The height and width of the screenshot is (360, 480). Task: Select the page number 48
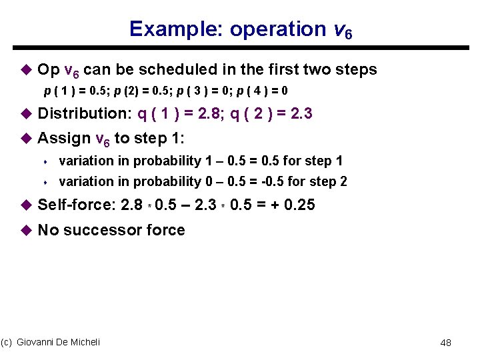pyautogui.click(x=446, y=343)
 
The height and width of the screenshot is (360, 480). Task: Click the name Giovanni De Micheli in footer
pyautogui.click(x=59, y=342)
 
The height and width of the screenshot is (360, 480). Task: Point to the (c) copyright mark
pyautogui.click(x=7, y=342)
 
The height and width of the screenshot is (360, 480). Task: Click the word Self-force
pyautogui.click(x=75, y=205)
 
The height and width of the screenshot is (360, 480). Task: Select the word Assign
pyautogui.click(x=65, y=139)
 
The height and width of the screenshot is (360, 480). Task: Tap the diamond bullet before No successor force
pyautogui.click(x=27, y=230)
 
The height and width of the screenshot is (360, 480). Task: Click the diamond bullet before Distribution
pyautogui.click(x=27, y=114)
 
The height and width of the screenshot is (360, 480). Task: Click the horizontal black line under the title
pyautogui.click(x=240, y=47)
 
